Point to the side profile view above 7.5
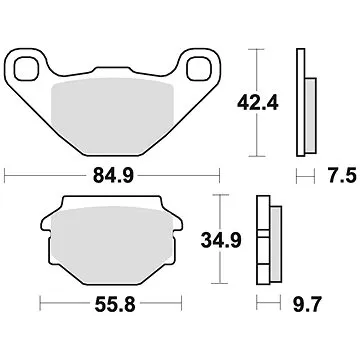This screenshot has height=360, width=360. coord(301,100)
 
